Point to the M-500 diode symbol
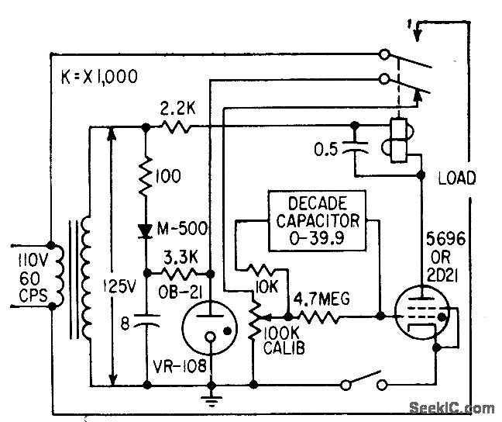coord(146,230)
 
